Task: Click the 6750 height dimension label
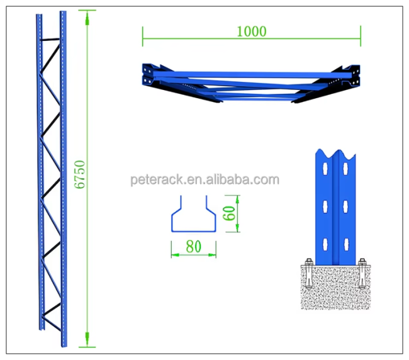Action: (x=80, y=174)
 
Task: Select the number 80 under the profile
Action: (x=193, y=247)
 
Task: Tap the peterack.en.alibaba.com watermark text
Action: (x=204, y=180)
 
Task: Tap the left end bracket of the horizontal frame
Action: (x=148, y=76)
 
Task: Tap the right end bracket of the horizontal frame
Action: (x=353, y=76)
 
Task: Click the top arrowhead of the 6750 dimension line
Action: (x=87, y=15)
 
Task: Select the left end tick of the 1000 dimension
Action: (x=143, y=35)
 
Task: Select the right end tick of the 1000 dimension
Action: (x=361, y=35)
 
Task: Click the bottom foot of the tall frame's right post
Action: (x=64, y=343)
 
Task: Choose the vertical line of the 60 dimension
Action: (x=238, y=213)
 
